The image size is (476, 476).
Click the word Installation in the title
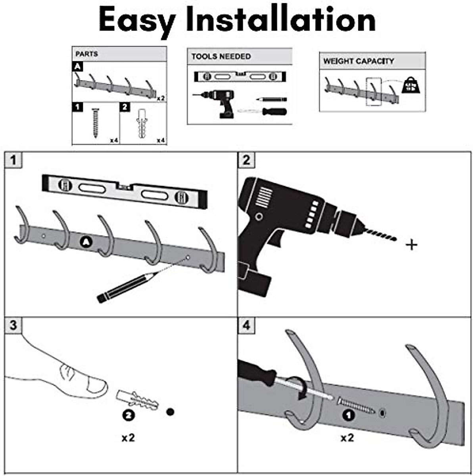coord(281,20)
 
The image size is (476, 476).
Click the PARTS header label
coord(86,54)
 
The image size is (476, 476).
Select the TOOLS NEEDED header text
coord(221,57)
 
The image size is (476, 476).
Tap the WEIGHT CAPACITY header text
coord(359,61)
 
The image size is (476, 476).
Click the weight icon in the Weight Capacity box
coord(411,85)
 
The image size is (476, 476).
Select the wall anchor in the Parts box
coord(142,123)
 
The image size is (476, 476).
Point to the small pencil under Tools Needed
coord(271,98)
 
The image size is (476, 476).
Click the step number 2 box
coord(246,160)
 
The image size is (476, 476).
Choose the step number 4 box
coord(246,325)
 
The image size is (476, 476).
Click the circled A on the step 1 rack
coord(85,242)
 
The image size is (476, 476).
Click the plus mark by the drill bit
coord(412,245)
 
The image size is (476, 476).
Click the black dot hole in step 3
coord(171,412)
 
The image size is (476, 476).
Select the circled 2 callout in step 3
coord(128,415)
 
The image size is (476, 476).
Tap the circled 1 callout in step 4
coord(348,416)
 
